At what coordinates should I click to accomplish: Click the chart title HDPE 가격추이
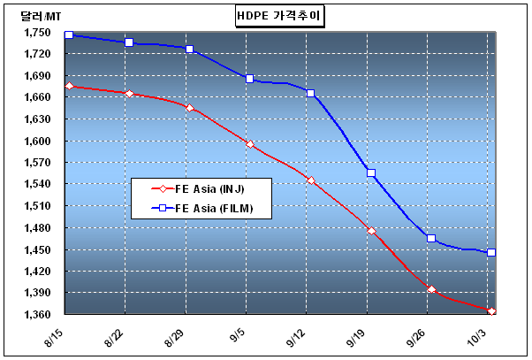click(x=279, y=16)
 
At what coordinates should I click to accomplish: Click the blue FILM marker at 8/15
click(x=69, y=34)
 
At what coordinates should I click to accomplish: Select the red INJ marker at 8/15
click(x=69, y=86)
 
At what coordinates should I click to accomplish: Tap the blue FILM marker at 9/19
click(x=371, y=172)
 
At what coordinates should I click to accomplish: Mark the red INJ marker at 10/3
click(x=491, y=311)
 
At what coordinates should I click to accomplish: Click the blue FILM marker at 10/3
click(x=491, y=253)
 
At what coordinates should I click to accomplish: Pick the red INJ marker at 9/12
click(x=311, y=180)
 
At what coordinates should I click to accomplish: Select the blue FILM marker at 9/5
click(x=250, y=79)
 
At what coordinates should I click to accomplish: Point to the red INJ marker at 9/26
click(x=431, y=289)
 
